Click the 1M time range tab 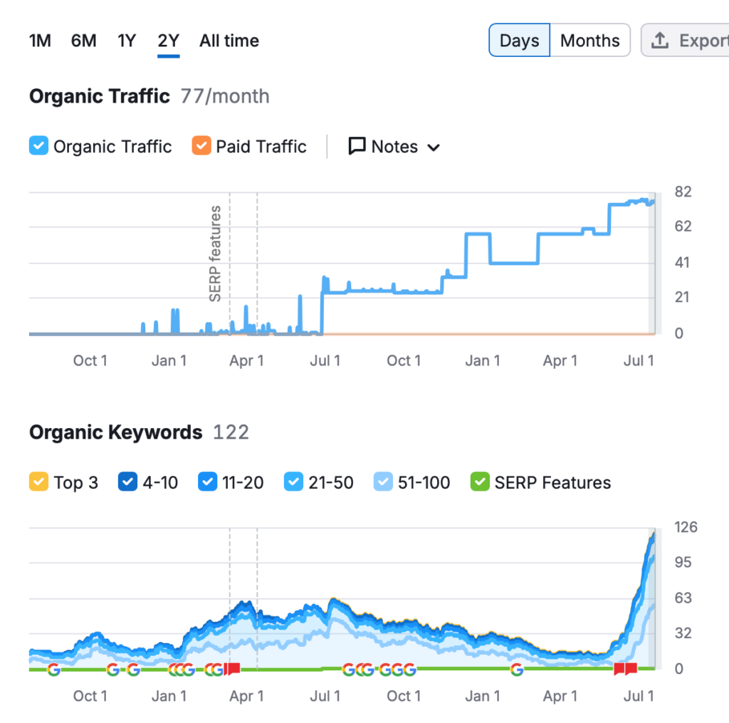click(x=40, y=41)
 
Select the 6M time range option click(x=83, y=41)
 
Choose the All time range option click(x=229, y=41)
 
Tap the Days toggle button click(x=519, y=41)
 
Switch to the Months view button click(x=590, y=41)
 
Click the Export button click(x=687, y=41)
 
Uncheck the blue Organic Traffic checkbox click(x=38, y=147)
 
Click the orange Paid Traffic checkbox click(x=201, y=147)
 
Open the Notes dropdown click(x=394, y=147)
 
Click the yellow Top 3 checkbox click(x=38, y=482)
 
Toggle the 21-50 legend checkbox click(x=293, y=482)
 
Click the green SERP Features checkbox click(x=480, y=482)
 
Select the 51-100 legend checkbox click(x=383, y=482)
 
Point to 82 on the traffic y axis click(x=683, y=192)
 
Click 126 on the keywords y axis click(x=686, y=527)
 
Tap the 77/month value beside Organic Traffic click(x=225, y=96)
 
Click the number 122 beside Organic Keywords click(x=231, y=432)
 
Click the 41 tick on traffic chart click(x=682, y=262)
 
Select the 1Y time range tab click(x=126, y=41)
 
